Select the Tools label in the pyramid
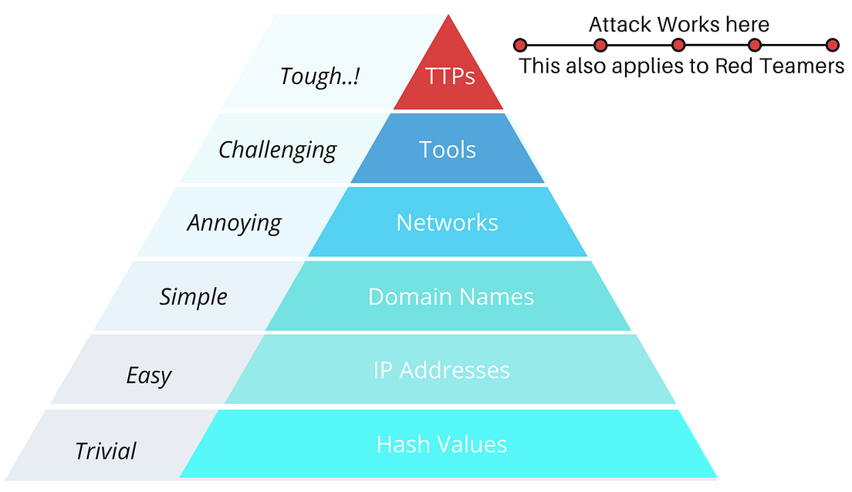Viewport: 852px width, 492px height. pyautogui.click(x=448, y=150)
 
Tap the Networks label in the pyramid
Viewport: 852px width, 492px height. pyautogui.click(x=447, y=223)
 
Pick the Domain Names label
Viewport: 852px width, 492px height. pyautogui.click(x=451, y=297)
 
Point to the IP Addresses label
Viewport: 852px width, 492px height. pyautogui.click(x=441, y=370)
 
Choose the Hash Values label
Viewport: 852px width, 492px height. pyautogui.click(x=441, y=444)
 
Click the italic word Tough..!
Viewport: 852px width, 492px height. pyautogui.click(x=319, y=76)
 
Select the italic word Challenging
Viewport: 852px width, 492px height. pyautogui.click(x=277, y=150)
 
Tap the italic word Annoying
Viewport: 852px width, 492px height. pyautogui.click(x=234, y=224)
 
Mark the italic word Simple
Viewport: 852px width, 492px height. pyautogui.click(x=193, y=297)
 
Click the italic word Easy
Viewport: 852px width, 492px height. pyautogui.click(x=149, y=376)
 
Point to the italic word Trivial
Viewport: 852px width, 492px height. pyautogui.click(x=105, y=450)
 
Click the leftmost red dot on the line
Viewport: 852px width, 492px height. pyautogui.click(x=520, y=45)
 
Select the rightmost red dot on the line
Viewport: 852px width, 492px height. pyautogui.click(x=832, y=45)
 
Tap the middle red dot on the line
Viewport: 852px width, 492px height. pyautogui.click(x=678, y=45)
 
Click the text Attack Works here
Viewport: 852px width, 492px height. pyautogui.click(x=678, y=25)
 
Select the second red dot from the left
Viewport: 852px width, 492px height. pyautogui.click(x=600, y=45)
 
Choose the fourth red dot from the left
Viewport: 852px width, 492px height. pyautogui.click(x=755, y=45)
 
